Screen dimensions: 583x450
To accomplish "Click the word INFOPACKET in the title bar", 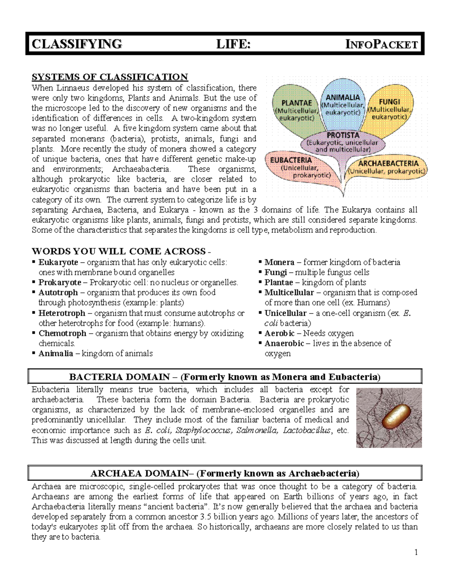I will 381,44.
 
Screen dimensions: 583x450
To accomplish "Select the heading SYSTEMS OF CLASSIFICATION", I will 109,77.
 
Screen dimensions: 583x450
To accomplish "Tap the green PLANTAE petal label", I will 297,103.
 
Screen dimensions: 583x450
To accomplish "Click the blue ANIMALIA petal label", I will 342,98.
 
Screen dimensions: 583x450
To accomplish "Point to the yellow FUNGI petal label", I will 389,102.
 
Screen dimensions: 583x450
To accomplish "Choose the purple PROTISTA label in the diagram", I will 342,135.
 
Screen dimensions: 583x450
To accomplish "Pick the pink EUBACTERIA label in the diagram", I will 291,160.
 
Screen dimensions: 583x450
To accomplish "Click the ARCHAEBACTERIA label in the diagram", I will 388,163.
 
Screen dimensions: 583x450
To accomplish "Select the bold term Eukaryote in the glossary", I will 58,262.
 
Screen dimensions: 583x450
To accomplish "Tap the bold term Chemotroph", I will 62,333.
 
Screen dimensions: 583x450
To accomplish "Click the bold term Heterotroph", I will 62,313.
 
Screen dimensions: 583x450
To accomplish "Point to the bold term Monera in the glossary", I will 279,262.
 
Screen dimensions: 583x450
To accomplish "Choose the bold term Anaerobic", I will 284,343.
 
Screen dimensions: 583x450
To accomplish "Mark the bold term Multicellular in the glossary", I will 289,292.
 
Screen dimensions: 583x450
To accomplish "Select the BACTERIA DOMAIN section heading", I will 225,377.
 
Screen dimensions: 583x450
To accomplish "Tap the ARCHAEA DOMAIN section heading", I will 225,473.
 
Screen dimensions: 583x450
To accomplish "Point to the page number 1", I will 416,552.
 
